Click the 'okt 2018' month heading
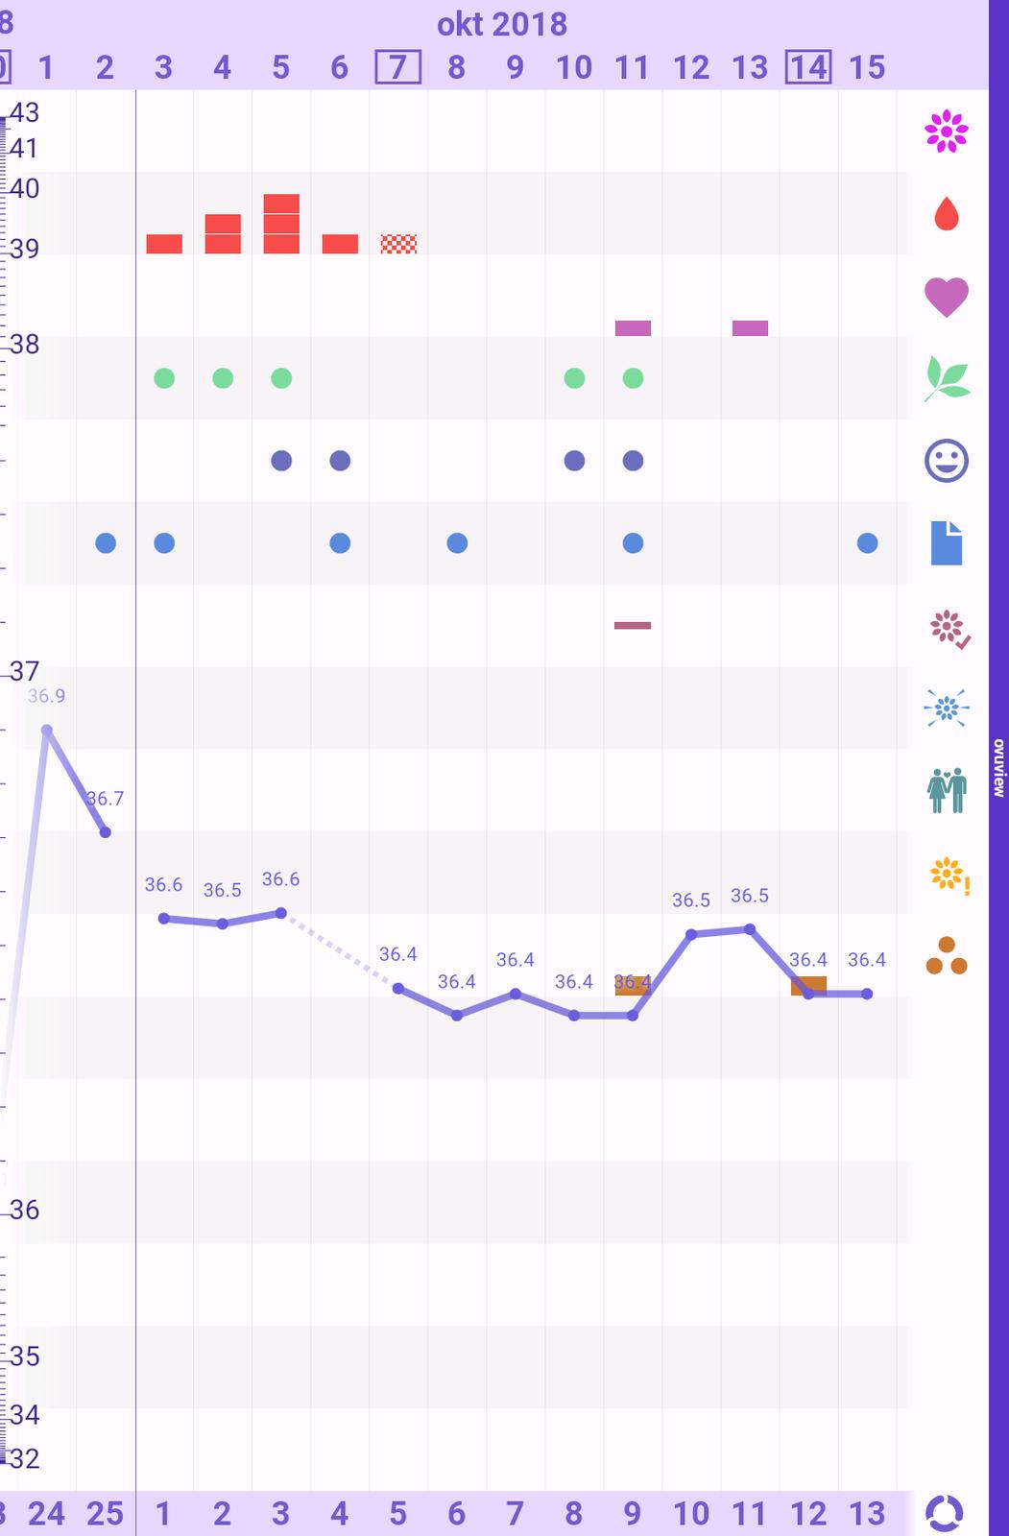[502, 24]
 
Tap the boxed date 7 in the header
[397, 67]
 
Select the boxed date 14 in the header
[808, 67]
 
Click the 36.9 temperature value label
[46, 696]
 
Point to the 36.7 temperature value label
[105, 799]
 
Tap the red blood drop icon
[947, 214]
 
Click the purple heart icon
[947, 297]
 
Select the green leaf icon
[947, 378]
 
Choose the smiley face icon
[947, 461]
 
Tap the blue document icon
[947, 543]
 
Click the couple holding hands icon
[947, 790]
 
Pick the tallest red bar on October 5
[281, 224]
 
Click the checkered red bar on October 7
[398, 244]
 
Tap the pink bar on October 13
[750, 328]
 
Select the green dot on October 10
[574, 378]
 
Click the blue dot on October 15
[867, 543]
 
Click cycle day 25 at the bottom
[105, 1514]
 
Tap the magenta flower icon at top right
[947, 132]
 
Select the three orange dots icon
[947, 956]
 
